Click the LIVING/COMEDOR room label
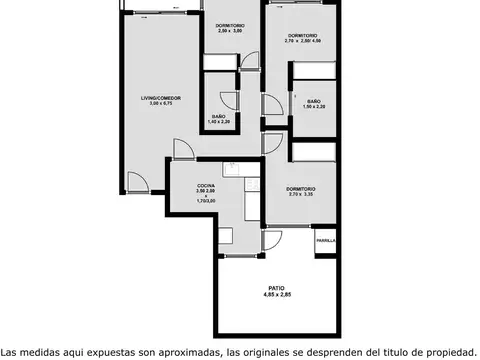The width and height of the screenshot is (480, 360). pos(160,98)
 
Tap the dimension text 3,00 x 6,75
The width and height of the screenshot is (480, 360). pos(160,104)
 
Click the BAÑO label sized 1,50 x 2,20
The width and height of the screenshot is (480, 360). pos(314,101)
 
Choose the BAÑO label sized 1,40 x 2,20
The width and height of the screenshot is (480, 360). pos(218,116)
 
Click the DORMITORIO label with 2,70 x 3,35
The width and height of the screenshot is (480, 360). pos(301,189)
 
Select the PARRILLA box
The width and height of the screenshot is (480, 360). pos(325,241)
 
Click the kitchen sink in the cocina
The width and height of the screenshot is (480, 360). pos(231,170)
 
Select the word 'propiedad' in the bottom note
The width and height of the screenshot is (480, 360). pos(441,351)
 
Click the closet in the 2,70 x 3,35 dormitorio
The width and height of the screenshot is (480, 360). pos(312,150)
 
